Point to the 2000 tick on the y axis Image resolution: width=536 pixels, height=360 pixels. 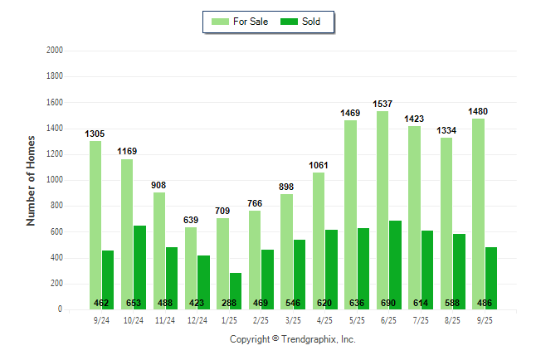pos(55,50)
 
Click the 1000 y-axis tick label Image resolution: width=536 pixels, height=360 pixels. pos(55,180)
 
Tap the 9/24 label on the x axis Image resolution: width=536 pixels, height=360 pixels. pos(101,320)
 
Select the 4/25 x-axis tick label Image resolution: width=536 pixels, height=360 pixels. pos(324,320)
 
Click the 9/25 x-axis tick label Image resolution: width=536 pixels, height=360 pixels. pos(484,320)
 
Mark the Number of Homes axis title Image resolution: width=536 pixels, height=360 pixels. pos(31,180)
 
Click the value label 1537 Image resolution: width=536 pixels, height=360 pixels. pos(383,105)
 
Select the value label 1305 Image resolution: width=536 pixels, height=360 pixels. pos(95,134)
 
